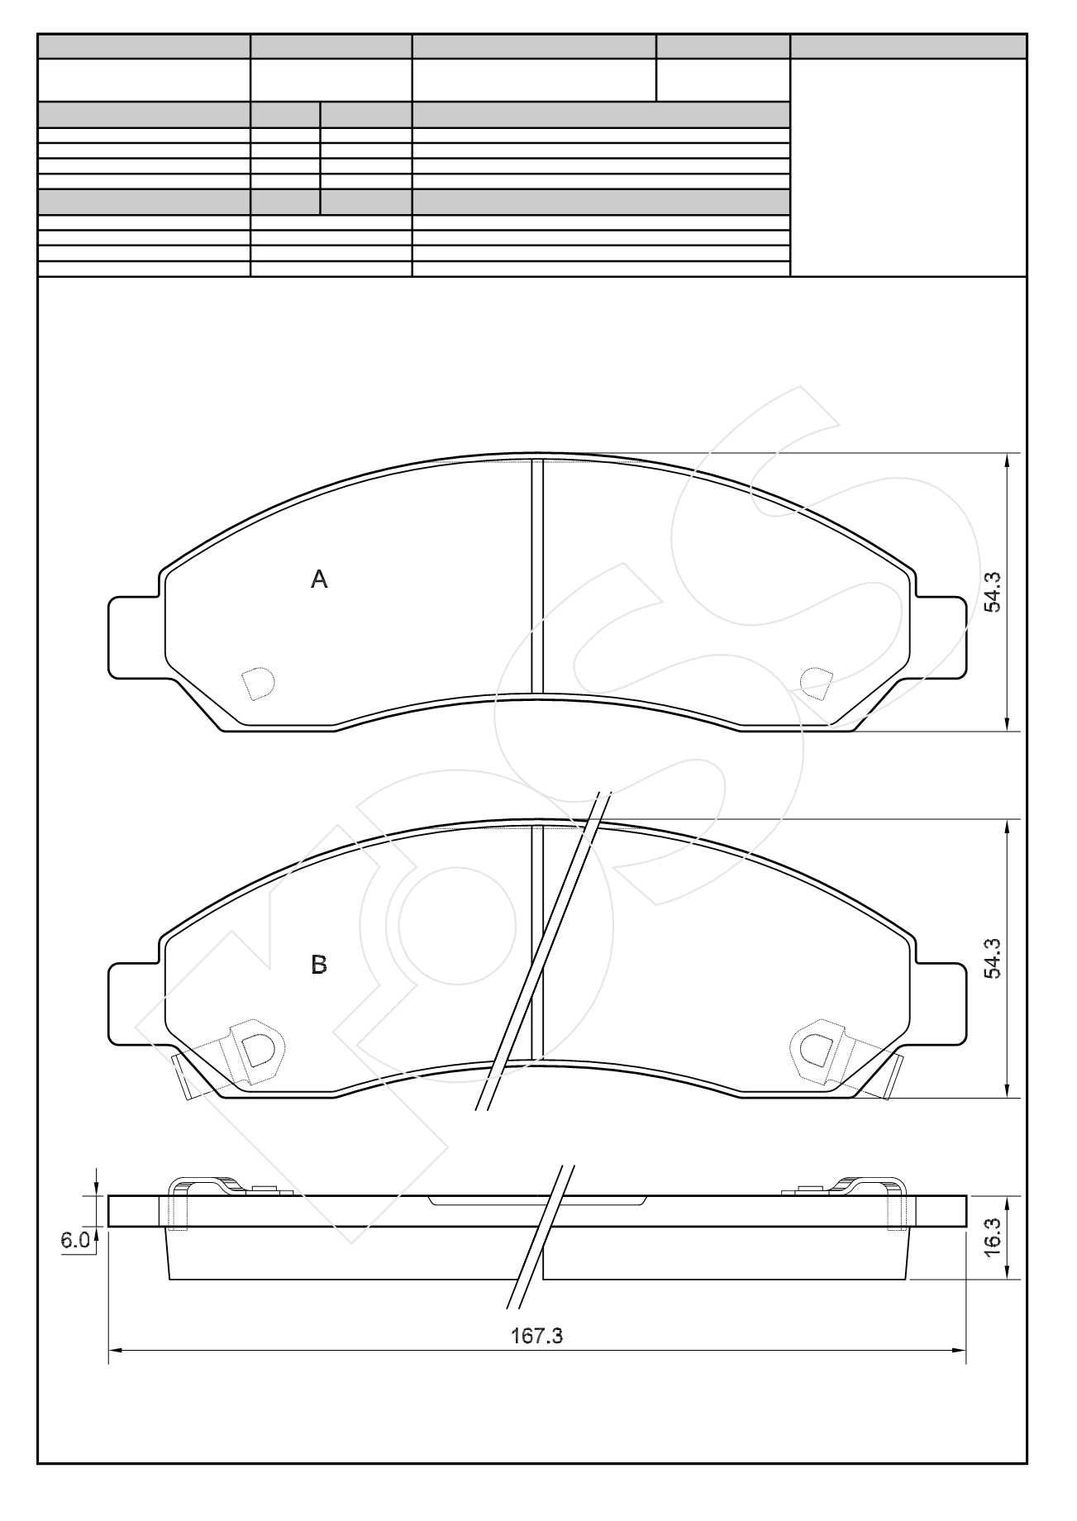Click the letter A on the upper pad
[x=319, y=580]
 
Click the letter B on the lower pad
[x=319, y=965]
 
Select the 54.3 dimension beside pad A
[x=994, y=592]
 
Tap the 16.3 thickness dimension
[x=994, y=1237]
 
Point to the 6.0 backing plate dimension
[x=74, y=1240]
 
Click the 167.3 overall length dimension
[x=536, y=1336]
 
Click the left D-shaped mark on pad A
[x=257, y=683]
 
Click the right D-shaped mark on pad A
[x=817, y=681]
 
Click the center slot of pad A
[x=537, y=576]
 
